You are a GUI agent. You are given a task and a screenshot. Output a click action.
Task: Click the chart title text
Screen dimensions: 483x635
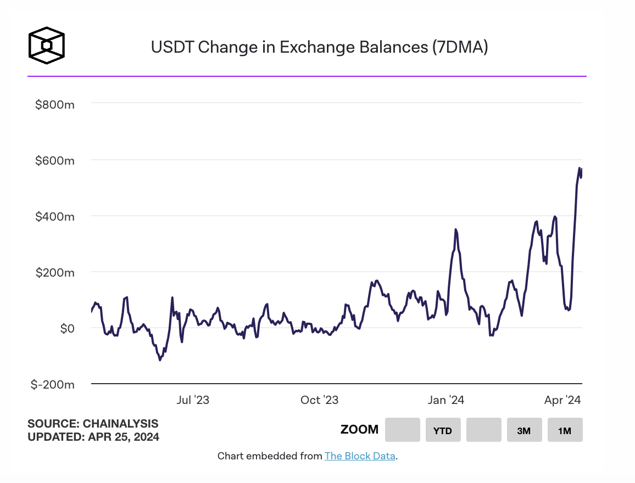(x=319, y=47)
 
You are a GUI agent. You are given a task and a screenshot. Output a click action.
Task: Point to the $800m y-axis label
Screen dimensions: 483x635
(x=54, y=104)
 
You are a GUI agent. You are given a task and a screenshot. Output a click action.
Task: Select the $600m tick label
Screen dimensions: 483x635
(x=54, y=160)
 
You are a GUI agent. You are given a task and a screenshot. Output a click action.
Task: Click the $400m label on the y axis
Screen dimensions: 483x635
(x=54, y=216)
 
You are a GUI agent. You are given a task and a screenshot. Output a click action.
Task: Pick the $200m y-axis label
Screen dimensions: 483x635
(x=54, y=272)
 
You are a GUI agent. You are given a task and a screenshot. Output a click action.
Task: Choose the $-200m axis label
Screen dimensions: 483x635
(x=52, y=384)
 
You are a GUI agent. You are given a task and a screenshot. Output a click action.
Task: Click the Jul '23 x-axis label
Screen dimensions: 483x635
(x=192, y=400)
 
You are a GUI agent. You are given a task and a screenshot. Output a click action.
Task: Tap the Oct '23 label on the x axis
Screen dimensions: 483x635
(x=319, y=400)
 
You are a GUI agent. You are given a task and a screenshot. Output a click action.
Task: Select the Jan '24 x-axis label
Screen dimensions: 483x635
(x=446, y=400)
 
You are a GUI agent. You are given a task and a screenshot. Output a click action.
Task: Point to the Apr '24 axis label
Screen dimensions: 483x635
(x=562, y=400)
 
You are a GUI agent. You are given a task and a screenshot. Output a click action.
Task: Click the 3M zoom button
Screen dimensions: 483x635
(x=524, y=430)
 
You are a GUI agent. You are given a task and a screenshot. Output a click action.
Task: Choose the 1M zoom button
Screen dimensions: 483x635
(x=565, y=430)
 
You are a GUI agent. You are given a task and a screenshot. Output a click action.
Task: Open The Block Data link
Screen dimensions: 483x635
(x=360, y=456)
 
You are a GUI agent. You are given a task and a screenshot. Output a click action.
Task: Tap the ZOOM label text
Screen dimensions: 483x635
(x=359, y=430)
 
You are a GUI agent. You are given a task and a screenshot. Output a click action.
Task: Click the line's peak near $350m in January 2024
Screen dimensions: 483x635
(x=456, y=229)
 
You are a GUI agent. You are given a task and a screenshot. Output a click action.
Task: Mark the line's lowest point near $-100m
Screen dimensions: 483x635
(x=160, y=360)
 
